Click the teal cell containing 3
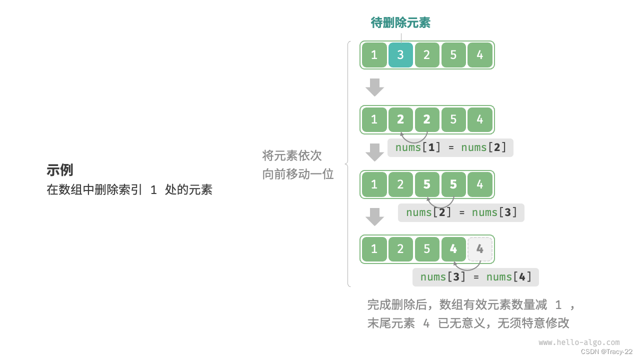[x=400, y=55]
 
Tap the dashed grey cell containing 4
[x=480, y=249]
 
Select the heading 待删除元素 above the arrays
[x=400, y=22]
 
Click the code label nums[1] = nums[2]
[x=450, y=147]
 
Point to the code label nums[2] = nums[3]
[x=461, y=212]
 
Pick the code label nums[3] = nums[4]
[x=475, y=277]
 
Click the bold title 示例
[x=60, y=170]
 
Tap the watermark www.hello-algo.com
[x=579, y=342]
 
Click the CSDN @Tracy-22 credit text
[x=606, y=352]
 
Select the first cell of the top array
[x=374, y=55]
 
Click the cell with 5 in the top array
[x=453, y=55]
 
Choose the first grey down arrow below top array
[x=374, y=87]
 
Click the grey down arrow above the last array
[x=374, y=217]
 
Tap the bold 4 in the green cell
[x=453, y=249]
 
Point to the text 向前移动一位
[x=298, y=174]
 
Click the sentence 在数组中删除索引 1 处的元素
[x=129, y=190]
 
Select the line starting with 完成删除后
[x=471, y=304]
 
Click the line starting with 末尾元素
[x=468, y=323]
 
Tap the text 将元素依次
[x=292, y=155]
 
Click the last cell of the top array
[x=480, y=55]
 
